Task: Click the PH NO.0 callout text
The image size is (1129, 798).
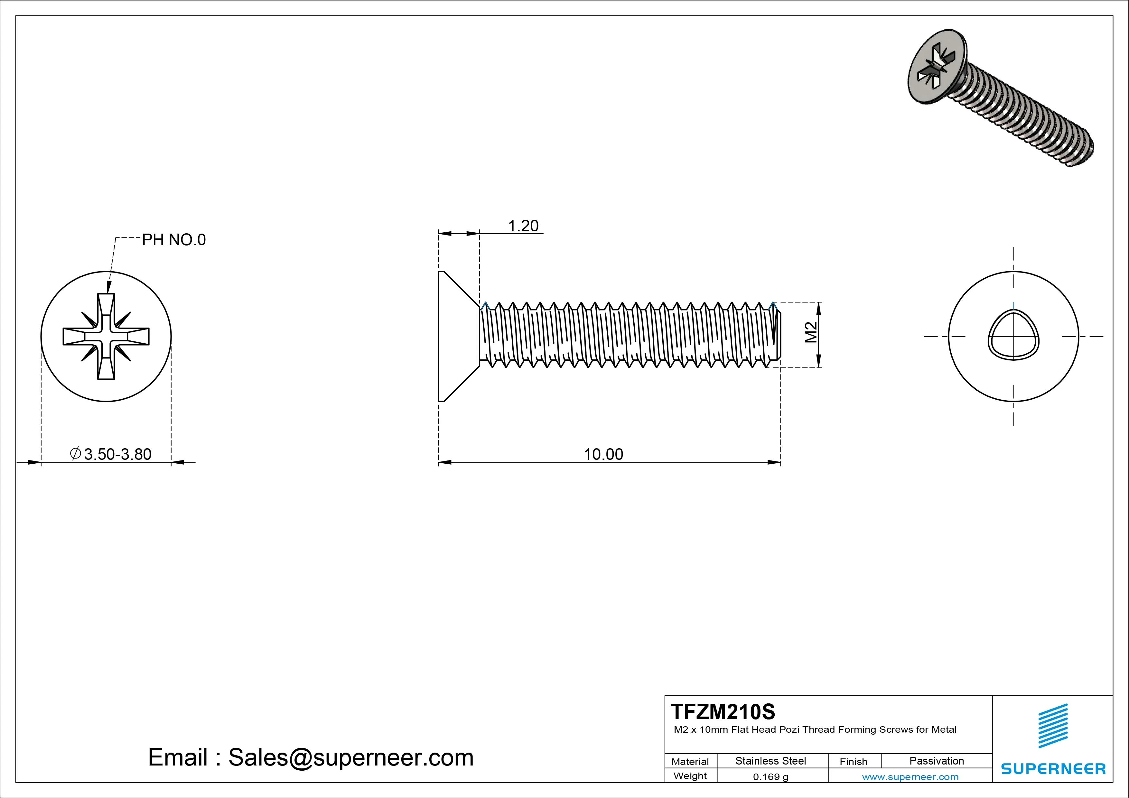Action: (x=173, y=240)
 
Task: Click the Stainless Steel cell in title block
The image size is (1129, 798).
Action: (x=770, y=761)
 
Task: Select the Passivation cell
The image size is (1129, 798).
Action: (x=936, y=761)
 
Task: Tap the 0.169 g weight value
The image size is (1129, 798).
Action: (x=770, y=777)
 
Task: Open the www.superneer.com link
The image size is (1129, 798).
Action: (x=910, y=777)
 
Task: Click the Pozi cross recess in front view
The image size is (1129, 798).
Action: (x=106, y=336)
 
